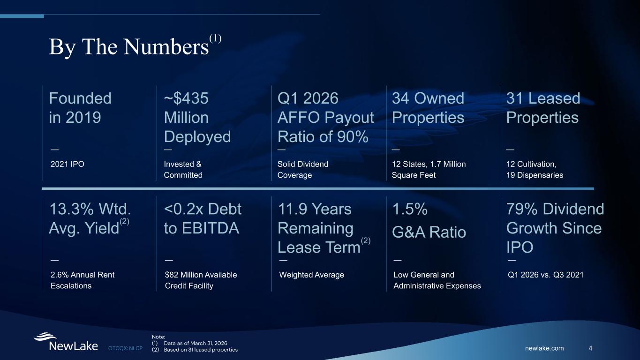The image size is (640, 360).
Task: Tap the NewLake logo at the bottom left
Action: click(66, 342)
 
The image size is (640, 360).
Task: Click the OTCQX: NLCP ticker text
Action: click(126, 348)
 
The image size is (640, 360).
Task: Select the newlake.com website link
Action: click(544, 348)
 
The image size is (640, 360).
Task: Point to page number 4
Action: click(590, 348)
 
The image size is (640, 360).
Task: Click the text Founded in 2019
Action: click(80, 108)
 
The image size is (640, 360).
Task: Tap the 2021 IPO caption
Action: click(68, 164)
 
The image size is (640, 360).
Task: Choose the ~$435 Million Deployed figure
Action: click(197, 117)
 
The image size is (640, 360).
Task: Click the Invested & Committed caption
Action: click(183, 169)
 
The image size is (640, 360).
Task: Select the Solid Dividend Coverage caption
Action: click(303, 169)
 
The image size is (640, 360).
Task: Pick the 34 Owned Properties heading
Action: click(428, 108)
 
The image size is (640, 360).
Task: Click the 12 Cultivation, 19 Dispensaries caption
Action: click(535, 169)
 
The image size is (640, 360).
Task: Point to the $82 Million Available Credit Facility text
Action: click(201, 280)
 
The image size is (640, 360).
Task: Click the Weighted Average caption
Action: click(311, 275)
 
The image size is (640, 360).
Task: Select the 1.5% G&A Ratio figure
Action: click(429, 220)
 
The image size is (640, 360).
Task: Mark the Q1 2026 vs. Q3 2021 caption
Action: click(545, 275)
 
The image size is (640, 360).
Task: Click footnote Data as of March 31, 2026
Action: click(196, 343)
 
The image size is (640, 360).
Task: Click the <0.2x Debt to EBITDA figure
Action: click(203, 218)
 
